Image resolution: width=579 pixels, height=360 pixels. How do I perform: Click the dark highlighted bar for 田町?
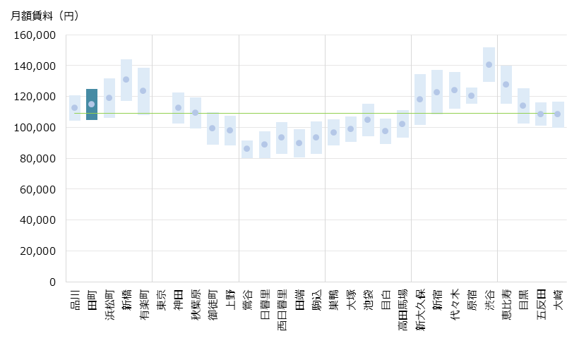point(92,104)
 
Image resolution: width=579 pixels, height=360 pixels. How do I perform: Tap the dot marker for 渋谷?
point(489,65)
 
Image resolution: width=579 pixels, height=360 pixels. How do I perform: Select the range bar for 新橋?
point(126,80)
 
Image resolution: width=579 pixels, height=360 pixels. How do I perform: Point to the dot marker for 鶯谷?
point(247,149)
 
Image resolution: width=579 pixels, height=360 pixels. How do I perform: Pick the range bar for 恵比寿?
point(506,85)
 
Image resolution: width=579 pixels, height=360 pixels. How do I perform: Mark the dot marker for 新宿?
point(437,92)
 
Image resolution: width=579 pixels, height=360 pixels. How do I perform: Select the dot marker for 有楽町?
point(143,90)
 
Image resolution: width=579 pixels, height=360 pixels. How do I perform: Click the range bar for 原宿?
point(472,95)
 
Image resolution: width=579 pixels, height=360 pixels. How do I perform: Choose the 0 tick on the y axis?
point(52,282)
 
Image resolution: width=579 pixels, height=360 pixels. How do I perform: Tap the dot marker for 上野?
point(230,131)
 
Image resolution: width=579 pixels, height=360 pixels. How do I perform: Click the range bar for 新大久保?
point(419,100)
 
